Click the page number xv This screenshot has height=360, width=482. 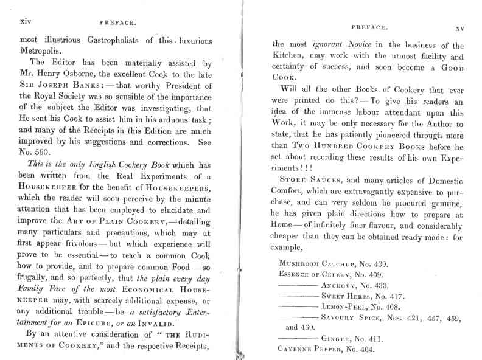click(x=460, y=29)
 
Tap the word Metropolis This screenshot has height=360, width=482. click(x=41, y=52)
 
